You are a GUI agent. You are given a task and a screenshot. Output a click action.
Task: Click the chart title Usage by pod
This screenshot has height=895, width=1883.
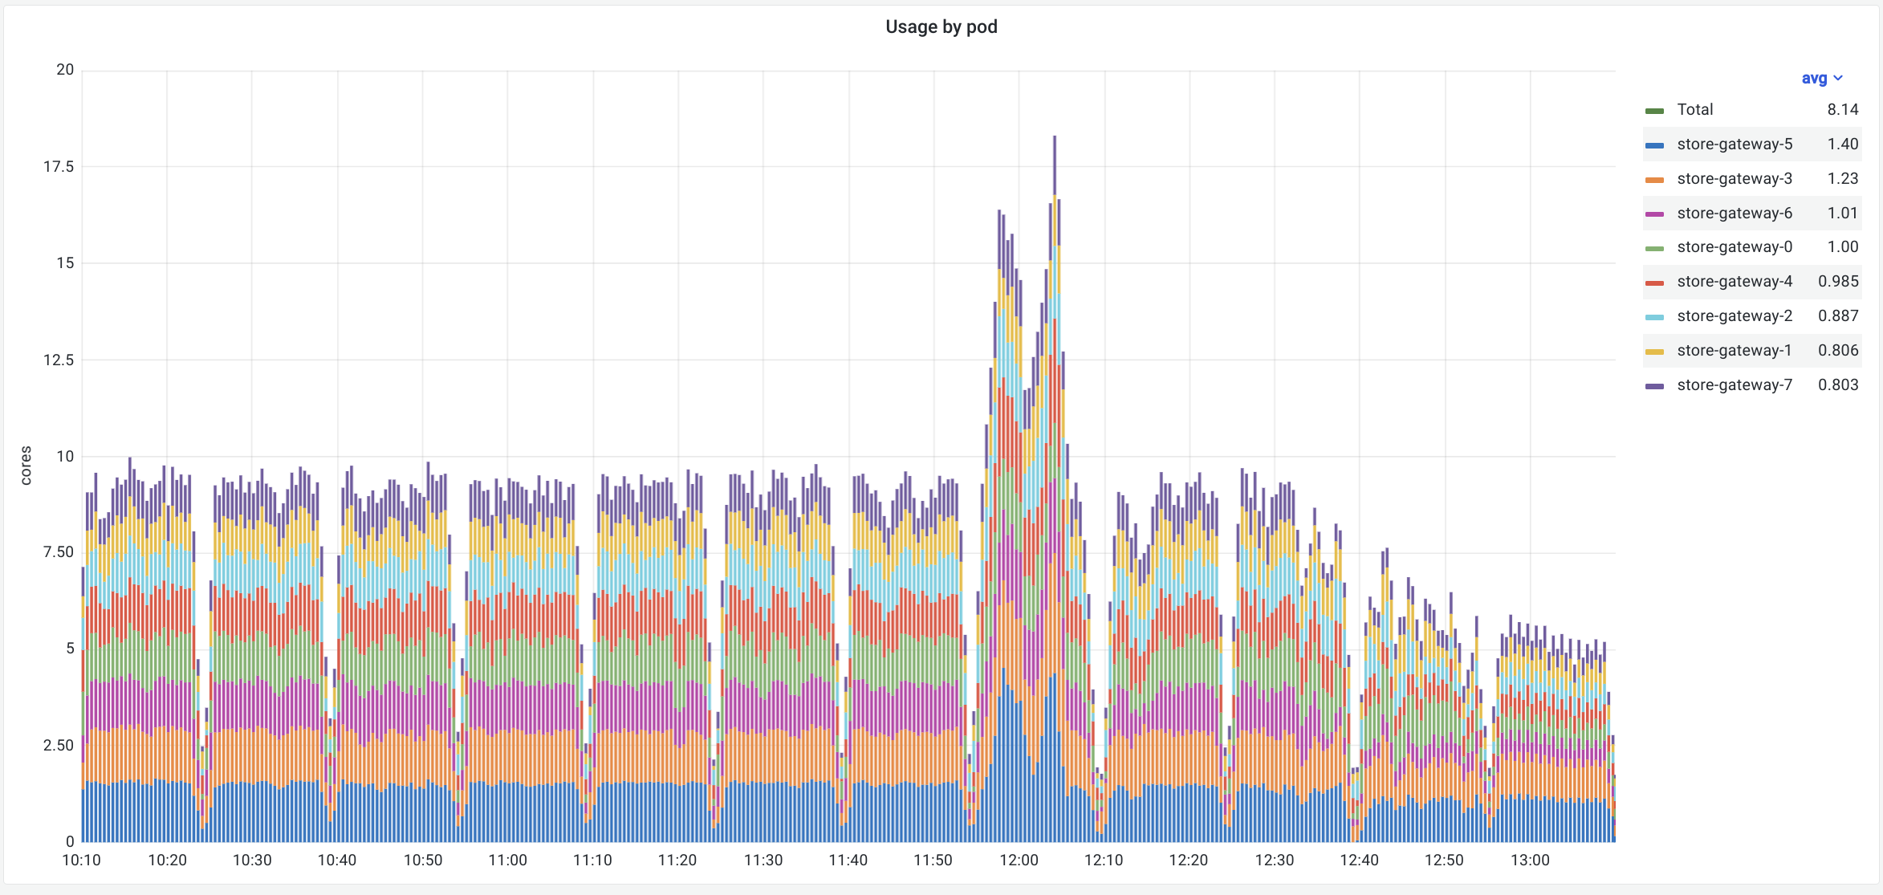(x=941, y=27)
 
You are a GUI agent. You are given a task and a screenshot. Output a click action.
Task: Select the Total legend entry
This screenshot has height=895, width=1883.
(x=1694, y=110)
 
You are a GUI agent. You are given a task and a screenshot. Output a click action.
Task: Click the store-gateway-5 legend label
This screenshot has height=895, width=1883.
(x=1734, y=144)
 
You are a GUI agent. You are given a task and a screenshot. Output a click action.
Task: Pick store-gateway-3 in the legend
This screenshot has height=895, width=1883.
(x=1734, y=179)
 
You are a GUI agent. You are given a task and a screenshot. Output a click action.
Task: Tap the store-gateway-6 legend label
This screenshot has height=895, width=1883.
(x=1734, y=214)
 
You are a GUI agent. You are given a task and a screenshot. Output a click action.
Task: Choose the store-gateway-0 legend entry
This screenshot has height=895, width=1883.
(x=1734, y=247)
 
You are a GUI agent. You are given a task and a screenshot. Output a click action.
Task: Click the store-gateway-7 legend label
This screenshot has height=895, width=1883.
(x=1734, y=385)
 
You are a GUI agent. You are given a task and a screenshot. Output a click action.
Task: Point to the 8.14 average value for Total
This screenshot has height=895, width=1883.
(x=1842, y=110)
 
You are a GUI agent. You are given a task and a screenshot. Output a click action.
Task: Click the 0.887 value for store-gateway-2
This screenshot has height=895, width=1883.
(x=1837, y=316)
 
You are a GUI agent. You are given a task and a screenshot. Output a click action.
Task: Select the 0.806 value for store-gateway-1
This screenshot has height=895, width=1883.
(x=1837, y=351)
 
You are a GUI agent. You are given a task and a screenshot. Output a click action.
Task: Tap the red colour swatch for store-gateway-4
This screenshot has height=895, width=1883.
(x=1654, y=283)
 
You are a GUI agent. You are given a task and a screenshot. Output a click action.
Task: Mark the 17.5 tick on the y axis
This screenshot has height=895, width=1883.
(x=59, y=167)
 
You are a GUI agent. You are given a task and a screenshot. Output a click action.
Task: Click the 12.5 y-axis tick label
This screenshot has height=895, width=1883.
(x=59, y=360)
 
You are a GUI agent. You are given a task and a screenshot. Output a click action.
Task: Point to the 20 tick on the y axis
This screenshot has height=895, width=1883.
(x=65, y=70)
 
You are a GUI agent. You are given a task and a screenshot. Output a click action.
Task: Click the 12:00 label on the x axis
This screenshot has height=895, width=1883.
(x=1019, y=860)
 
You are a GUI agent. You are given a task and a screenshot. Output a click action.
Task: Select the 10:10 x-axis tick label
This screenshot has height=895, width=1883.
(x=82, y=860)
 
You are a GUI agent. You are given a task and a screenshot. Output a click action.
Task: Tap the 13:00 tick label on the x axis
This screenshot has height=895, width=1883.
(x=1530, y=860)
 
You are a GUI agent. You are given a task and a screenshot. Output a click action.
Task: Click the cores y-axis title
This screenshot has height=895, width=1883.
(x=26, y=466)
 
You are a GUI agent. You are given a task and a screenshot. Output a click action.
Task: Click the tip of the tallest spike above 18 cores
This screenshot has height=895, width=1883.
(x=1055, y=138)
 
